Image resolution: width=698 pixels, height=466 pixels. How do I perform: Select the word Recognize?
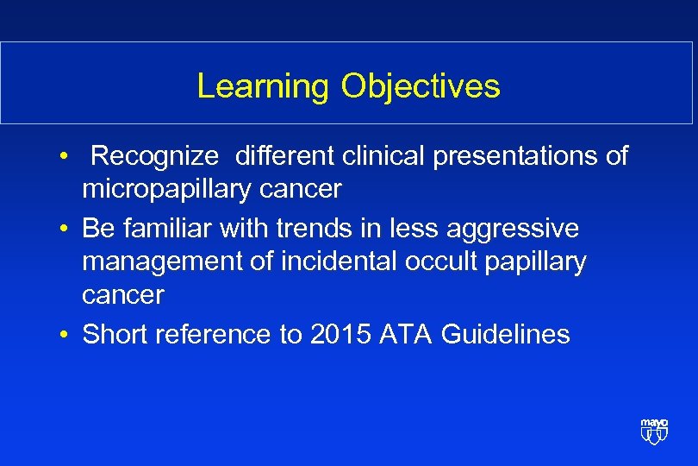click(156, 156)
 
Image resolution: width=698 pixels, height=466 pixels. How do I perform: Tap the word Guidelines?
click(505, 334)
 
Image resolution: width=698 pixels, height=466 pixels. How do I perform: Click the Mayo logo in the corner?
click(654, 431)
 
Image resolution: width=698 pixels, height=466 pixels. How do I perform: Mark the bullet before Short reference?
click(65, 335)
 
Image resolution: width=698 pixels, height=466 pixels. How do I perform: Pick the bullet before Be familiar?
click(65, 230)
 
